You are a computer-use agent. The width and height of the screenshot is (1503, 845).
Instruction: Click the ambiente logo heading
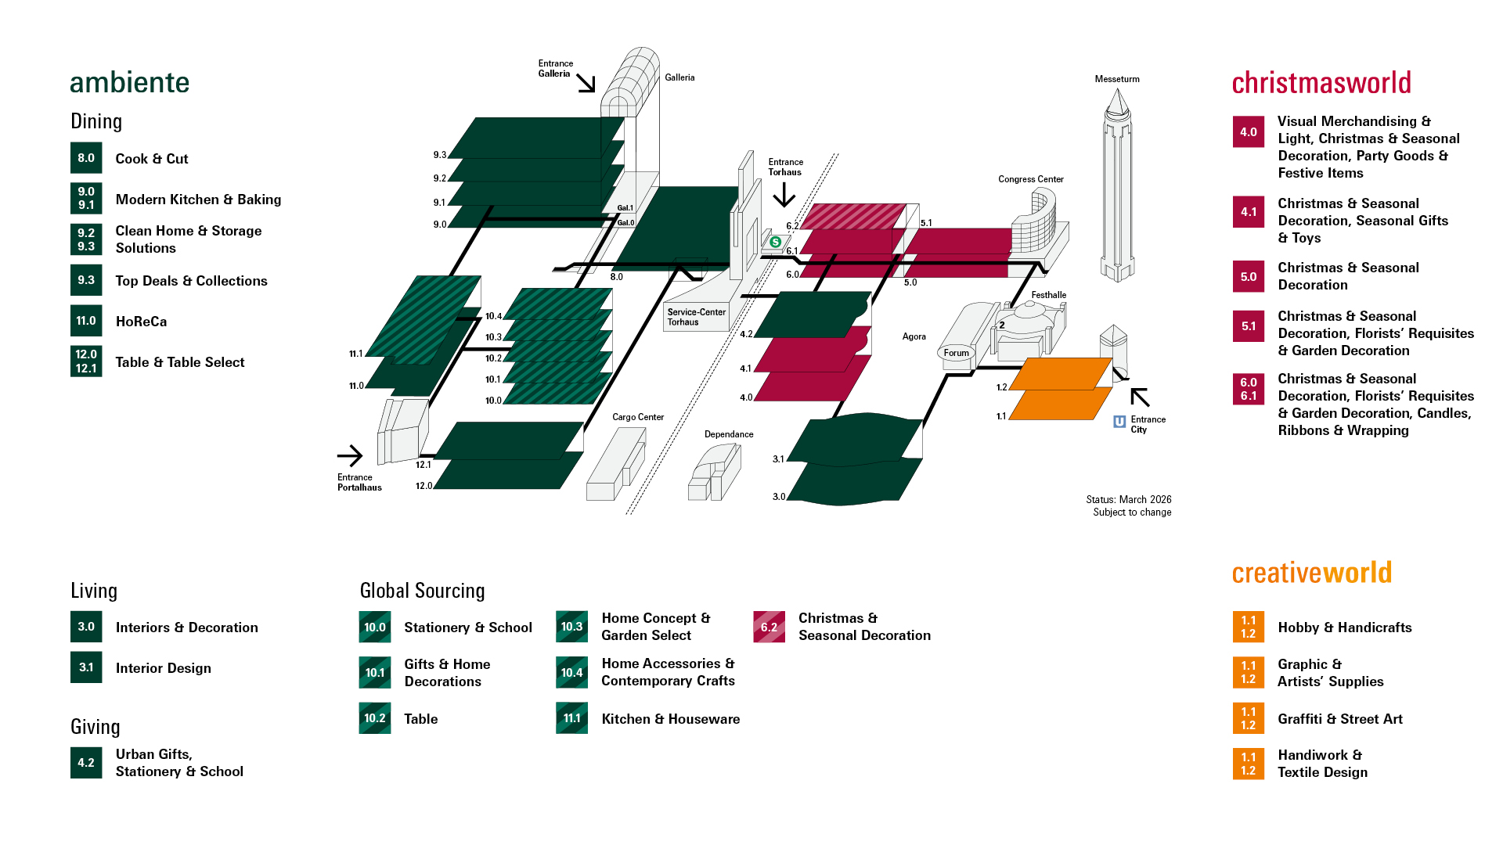pyautogui.click(x=129, y=83)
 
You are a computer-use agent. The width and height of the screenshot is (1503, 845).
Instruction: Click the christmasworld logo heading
pyautogui.click(x=1321, y=83)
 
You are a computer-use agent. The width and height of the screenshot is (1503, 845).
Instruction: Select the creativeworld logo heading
pyautogui.click(x=1311, y=573)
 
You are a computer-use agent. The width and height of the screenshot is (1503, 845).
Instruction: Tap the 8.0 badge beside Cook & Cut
pyautogui.click(x=86, y=158)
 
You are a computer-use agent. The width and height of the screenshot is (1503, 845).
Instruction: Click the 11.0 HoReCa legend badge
pyautogui.click(x=86, y=321)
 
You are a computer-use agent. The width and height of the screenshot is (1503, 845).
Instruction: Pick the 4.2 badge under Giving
pyautogui.click(x=86, y=762)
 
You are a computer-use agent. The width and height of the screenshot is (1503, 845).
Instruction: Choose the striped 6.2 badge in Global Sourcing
pyautogui.click(x=769, y=627)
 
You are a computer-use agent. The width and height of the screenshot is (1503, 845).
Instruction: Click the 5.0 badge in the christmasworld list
pyautogui.click(x=1248, y=276)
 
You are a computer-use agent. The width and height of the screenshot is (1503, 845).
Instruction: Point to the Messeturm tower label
pyautogui.click(x=1117, y=79)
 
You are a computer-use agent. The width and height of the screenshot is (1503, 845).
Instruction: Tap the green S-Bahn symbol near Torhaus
pyautogui.click(x=775, y=242)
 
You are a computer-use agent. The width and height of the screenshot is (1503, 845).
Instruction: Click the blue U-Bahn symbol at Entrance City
pyautogui.click(x=1119, y=422)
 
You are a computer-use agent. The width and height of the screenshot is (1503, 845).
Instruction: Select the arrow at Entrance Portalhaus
pyautogui.click(x=350, y=455)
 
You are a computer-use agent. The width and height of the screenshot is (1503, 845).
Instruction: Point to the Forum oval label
pyautogui.click(x=956, y=353)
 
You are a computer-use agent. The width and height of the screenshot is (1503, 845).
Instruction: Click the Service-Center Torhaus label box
pyautogui.click(x=696, y=317)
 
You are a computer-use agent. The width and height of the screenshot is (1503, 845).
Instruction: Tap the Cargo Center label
pyautogui.click(x=637, y=417)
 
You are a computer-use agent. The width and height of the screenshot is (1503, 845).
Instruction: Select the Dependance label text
pyautogui.click(x=728, y=434)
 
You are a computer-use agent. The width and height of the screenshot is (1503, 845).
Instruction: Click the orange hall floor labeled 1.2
pyautogui.click(x=1061, y=373)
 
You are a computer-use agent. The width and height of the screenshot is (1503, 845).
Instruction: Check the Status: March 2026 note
pyautogui.click(x=1128, y=499)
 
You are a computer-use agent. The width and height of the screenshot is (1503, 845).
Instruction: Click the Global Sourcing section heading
pyautogui.click(x=422, y=591)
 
